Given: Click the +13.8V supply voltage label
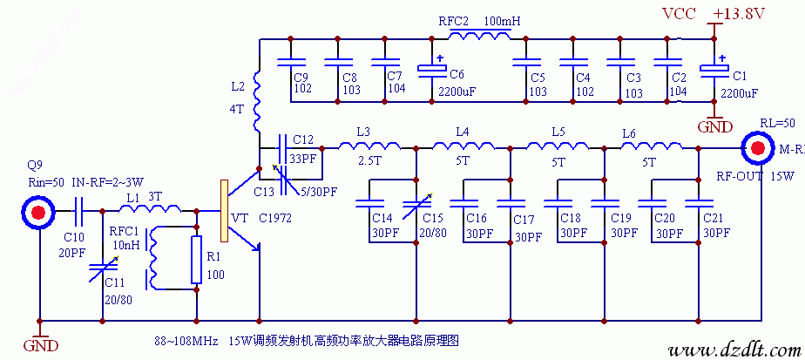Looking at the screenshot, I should point(739,13).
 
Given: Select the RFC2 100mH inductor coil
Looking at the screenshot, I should point(479,36).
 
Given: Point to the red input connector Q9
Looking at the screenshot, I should point(38,211).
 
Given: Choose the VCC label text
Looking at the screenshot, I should point(680,13).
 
